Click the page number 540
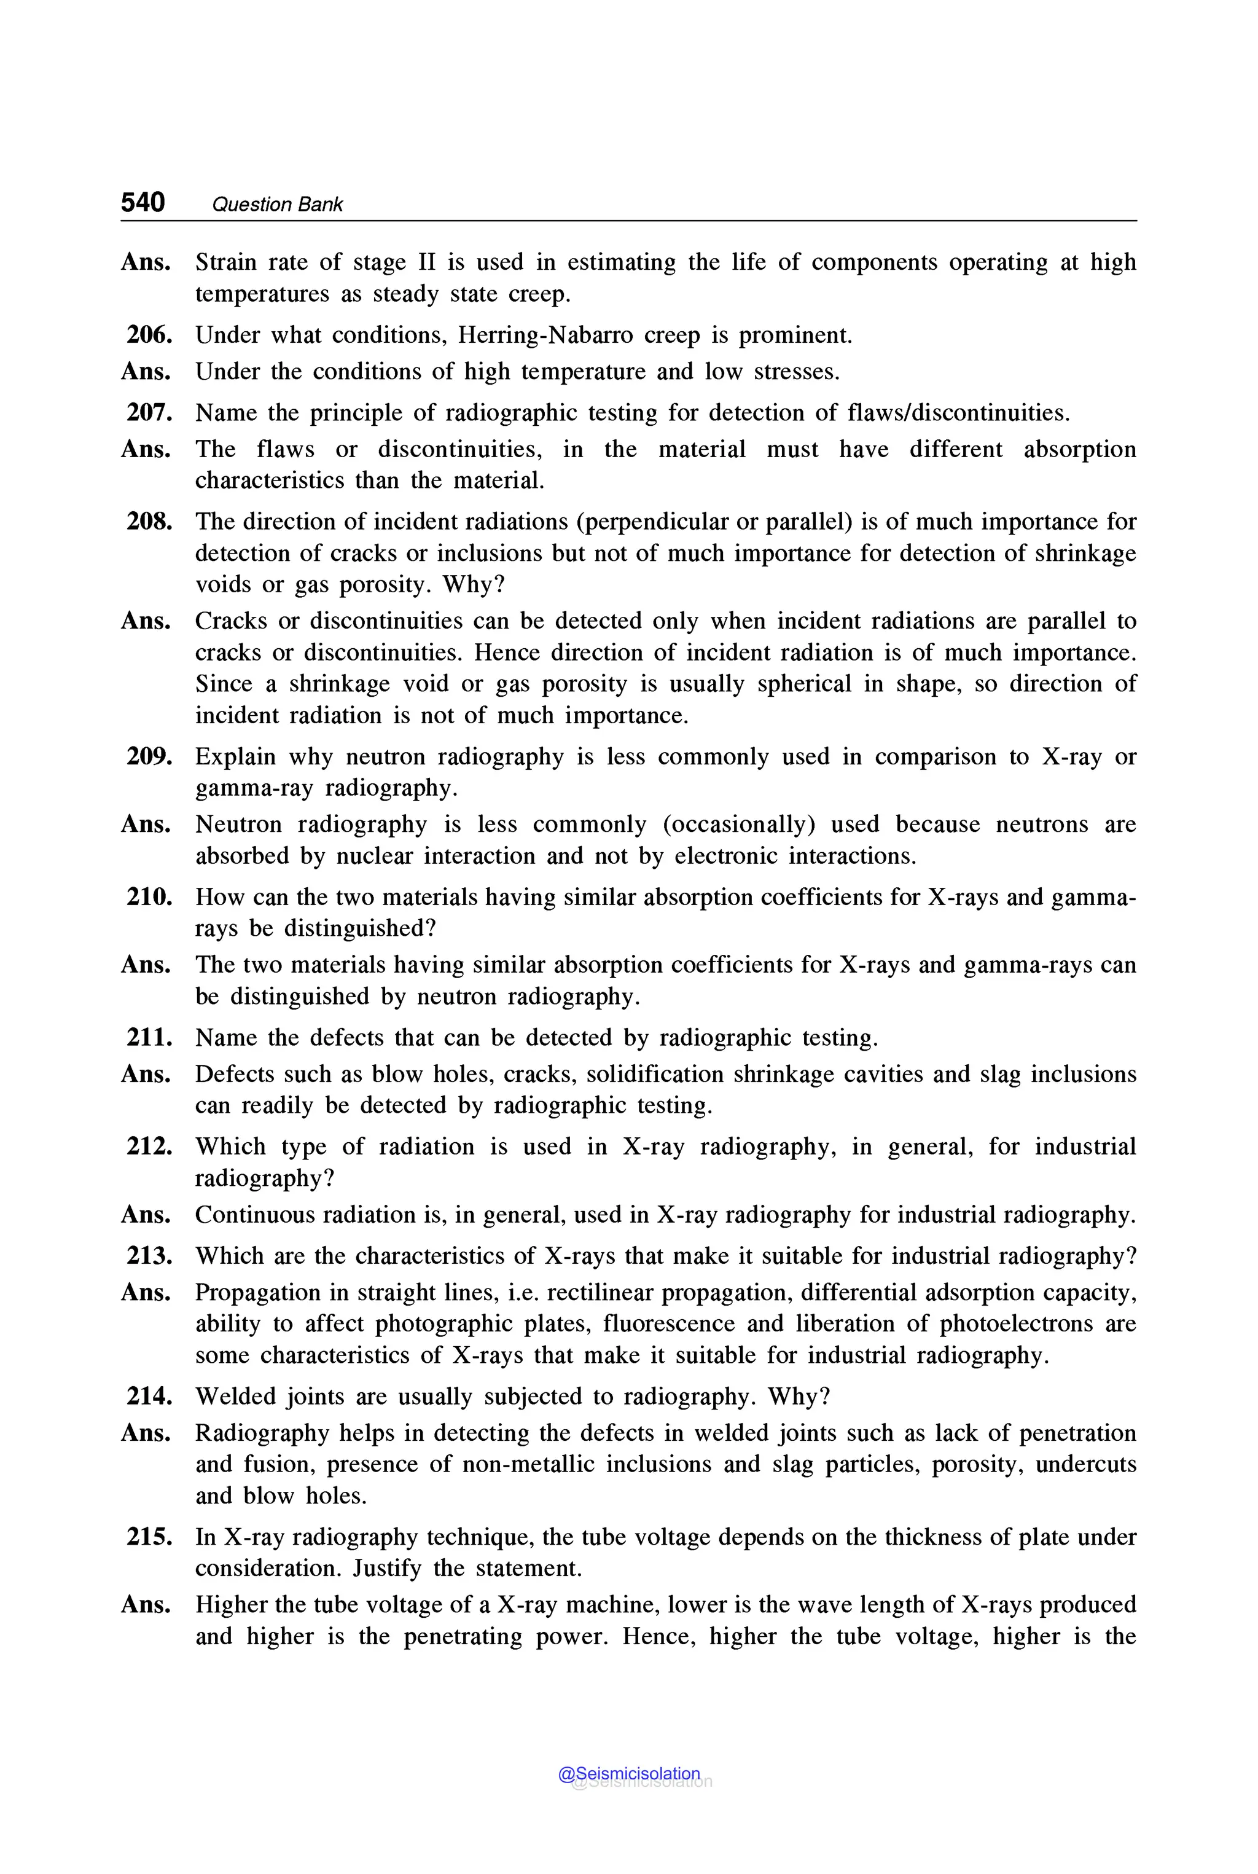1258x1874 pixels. (x=143, y=202)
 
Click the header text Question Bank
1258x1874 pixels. (x=277, y=205)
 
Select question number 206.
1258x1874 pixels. (x=149, y=335)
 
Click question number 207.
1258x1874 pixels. (x=149, y=412)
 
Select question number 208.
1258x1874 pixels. (x=149, y=522)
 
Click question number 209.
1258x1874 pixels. (x=149, y=757)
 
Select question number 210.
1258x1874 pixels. (x=149, y=897)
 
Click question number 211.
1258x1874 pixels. (x=149, y=1038)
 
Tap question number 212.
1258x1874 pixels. (x=149, y=1147)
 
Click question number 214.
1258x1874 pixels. (x=149, y=1397)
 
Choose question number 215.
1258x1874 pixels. (x=149, y=1537)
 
